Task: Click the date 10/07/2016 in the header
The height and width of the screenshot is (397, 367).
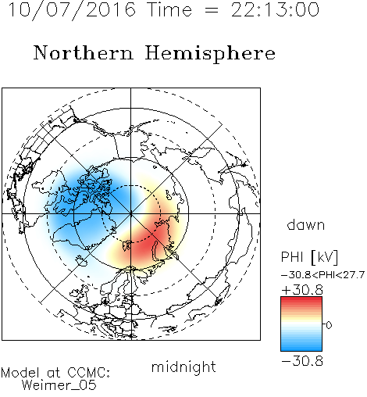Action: point(72,10)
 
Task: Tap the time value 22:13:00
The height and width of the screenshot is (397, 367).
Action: point(275,10)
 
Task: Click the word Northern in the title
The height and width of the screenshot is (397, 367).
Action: point(84,53)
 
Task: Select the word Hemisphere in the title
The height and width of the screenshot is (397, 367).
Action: point(210,54)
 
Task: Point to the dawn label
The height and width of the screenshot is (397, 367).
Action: point(305,224)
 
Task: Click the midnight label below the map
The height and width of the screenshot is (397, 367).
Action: point(183,367)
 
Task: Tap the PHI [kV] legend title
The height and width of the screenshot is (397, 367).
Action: point(309,257)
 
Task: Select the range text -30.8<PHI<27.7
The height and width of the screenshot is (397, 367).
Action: point(323,275)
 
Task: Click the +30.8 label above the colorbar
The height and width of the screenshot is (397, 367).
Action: point(302,290)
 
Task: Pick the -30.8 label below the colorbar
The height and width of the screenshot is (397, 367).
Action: point(302,361)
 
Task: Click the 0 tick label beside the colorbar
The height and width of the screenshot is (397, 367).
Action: point(329,325)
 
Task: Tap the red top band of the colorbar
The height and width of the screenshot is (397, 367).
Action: point(301,301)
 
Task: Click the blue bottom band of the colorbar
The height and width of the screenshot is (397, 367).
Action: point(301,347)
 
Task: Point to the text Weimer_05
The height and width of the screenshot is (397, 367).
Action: point(59,385)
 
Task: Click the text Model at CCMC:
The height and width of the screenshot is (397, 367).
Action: point(55,373)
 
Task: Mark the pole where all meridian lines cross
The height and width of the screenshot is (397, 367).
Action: point(131,214)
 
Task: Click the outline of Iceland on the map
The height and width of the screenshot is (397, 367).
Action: point(81,260)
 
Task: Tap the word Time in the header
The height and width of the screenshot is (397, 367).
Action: point(169,10)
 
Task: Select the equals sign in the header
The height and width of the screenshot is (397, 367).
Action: point(212,11)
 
